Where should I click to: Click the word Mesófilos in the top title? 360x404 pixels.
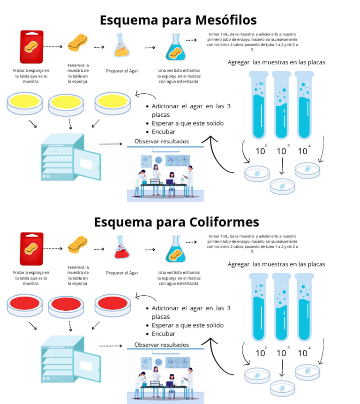tap(218, 20)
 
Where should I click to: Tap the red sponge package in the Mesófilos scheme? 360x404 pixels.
tap(32, 47)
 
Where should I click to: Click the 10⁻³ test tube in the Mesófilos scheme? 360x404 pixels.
tap(282, 105)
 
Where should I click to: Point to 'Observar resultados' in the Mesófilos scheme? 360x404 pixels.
tap(161, 141)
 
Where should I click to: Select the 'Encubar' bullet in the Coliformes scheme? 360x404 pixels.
tap(163, 334)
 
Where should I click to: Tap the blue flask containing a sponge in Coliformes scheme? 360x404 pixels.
tap(176, 249)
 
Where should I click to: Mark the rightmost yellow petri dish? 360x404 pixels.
tap(113, 103)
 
